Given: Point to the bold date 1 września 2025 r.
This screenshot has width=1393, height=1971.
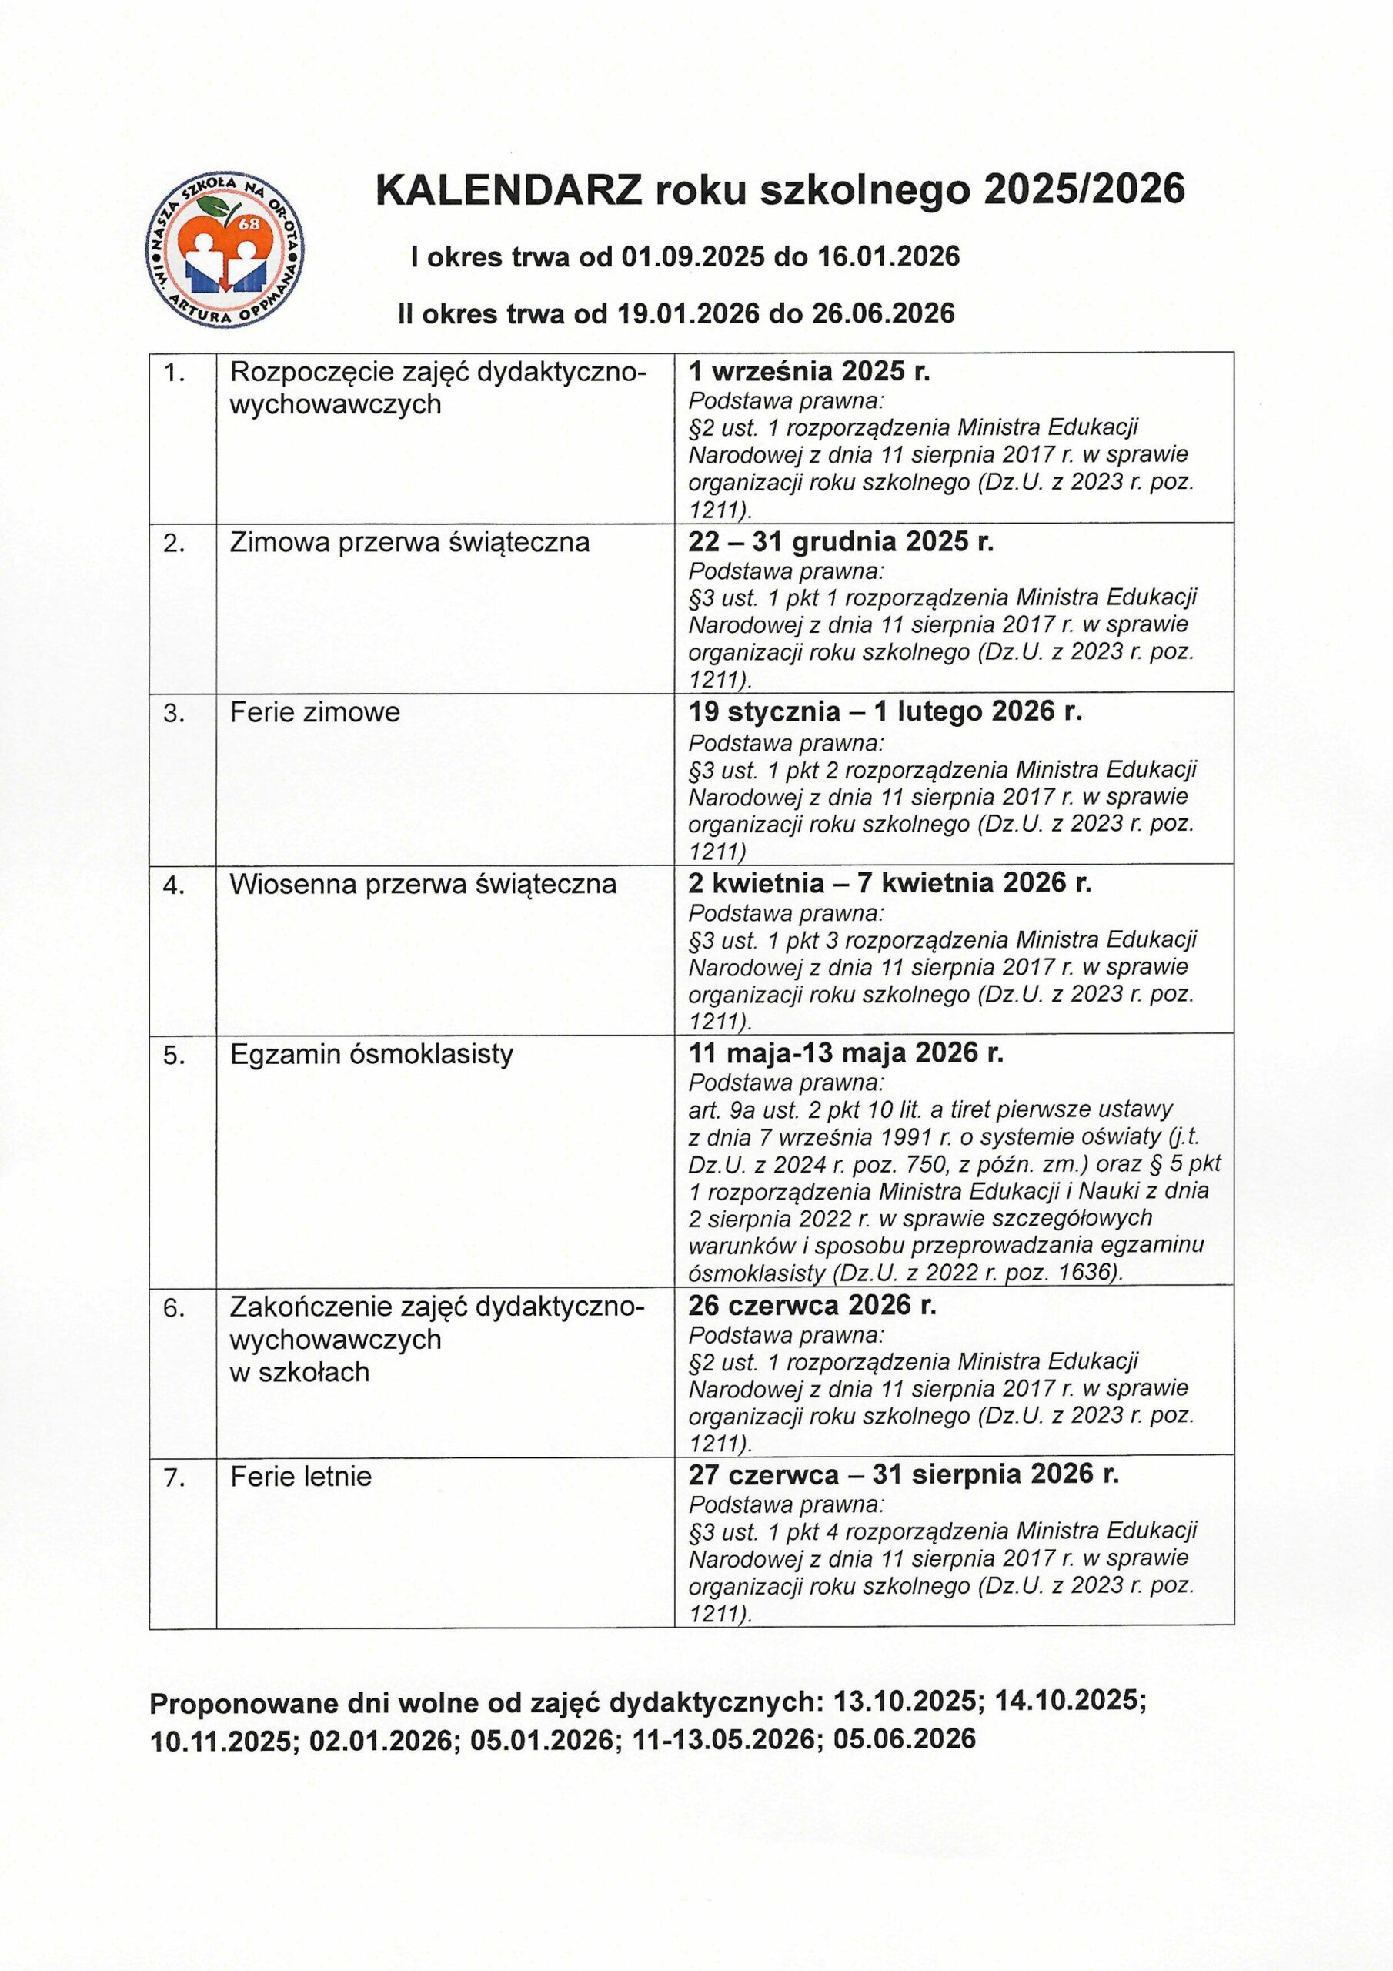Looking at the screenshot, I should click(810, 371).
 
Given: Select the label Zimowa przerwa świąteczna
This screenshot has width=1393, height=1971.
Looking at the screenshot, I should click(409, 543).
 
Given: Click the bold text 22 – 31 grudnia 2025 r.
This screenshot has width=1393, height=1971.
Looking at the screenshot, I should click(840, 542).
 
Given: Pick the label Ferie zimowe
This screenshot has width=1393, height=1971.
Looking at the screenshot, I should click(315, 712).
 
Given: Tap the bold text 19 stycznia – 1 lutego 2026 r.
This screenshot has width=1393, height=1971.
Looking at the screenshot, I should click(885, 711).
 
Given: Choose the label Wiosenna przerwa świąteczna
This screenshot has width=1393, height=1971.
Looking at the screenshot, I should click(423, 884).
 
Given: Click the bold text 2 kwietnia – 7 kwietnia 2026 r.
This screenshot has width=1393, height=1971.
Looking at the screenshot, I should click(889, 882).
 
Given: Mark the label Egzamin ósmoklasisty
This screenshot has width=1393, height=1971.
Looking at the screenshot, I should click(372, 1053).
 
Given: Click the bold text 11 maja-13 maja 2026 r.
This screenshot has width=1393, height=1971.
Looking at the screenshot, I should click(845, 1052).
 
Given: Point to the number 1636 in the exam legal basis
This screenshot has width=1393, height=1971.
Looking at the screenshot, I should click(1087, 1271).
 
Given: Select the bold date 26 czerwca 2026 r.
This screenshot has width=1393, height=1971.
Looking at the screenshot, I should click(812, 1305).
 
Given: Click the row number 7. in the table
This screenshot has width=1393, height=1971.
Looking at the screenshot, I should click(175, 1477).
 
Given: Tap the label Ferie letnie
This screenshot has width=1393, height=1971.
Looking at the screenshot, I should click(300, 1477).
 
